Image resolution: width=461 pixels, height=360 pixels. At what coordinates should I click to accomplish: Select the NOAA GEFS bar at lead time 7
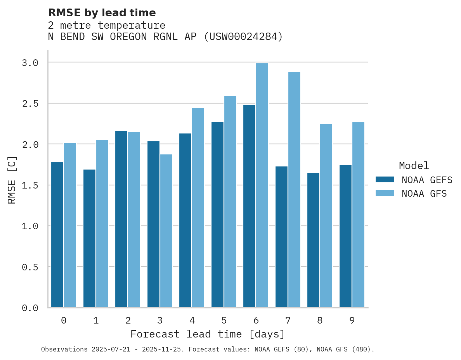[x=281, y=237]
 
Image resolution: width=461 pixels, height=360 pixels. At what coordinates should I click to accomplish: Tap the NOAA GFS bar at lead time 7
[x=294, y=190]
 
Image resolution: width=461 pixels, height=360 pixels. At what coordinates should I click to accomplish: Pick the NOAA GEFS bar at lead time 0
[x=57, y=235]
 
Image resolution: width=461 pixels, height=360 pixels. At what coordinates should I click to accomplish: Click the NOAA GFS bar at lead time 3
[x=166, y=231]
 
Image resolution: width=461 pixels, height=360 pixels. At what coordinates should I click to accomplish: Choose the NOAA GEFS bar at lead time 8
[x=313, y=240]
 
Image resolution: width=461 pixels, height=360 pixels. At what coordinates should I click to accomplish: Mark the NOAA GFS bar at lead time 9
[x=358, y=215]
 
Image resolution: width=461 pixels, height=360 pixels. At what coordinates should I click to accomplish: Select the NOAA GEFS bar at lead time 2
[x=121, y=219]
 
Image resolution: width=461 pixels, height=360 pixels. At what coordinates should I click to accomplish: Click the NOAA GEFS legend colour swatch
[x=385, y=180]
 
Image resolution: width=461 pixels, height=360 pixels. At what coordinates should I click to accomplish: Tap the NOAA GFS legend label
[x=424, y=194]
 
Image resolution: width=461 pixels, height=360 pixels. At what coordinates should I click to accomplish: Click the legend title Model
[x=414, y=166]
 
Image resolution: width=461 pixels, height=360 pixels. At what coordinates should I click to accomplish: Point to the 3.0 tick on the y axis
[x=30, y=62]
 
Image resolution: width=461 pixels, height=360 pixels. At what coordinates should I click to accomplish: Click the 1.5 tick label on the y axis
[x=30, y=185]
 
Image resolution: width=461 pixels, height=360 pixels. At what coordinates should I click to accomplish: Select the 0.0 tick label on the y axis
[x=30, y=308]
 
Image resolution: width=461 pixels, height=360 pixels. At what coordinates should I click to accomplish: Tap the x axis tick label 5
[x=224, y=320]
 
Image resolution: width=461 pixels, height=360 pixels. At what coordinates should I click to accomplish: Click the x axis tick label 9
[x=352, y=320]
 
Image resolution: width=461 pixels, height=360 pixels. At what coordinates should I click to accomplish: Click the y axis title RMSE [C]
[x=12, y=180]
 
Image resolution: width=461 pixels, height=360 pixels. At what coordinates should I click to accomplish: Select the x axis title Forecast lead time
[x=208, y=334]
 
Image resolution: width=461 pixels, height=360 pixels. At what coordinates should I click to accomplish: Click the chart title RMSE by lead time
[x=102, y=13]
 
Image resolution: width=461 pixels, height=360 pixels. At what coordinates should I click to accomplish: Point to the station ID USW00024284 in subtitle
[x=243, y=37]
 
